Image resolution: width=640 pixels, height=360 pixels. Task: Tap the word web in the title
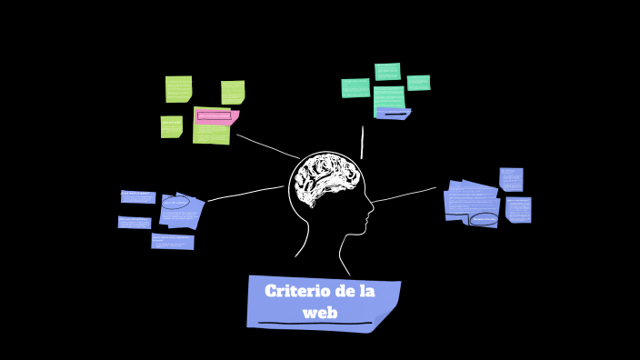pyautogui.click(x=320, y=313)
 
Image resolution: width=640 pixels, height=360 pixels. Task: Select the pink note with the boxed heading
pyautogui.click(x=217, y=116)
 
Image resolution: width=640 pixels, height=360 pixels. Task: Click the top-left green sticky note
pyautogui.click(x=178, y=89)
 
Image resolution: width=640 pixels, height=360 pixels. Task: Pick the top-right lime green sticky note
pyautogui.click(x=233, y=92)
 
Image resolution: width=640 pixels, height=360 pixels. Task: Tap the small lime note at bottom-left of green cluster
pyautogui.click(x=171, y=126)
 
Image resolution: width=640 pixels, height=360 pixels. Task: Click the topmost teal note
pyautogui.click(x=387, y=72)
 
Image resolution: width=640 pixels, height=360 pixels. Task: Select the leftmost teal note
pyautogui.click(x=355, y=87)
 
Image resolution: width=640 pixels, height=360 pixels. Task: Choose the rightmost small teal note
pyautogui.click(x=418, y=83)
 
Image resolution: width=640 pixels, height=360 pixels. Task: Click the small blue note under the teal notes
pyautogui.click(x=393, y=114)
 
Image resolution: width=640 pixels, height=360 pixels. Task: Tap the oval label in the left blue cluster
pyautogui.click(x=175, y=203)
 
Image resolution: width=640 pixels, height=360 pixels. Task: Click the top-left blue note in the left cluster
pyautogui.click(x=138, y=196)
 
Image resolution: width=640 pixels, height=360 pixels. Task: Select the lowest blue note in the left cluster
pyautogui.click(x=173, y=241)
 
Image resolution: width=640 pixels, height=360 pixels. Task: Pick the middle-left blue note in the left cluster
pyautogui.click(x=135, y=222)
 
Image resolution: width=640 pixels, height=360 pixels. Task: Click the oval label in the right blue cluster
pyautogui.click(x=484, y=219)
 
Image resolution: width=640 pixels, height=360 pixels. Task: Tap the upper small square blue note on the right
pyautogui.click(x=511, y=179)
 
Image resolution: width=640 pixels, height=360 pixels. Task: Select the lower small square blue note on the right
pyautogui.click(x=518, y=209)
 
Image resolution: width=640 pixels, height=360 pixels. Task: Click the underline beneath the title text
pyautogui.click(x=315, y=323)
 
